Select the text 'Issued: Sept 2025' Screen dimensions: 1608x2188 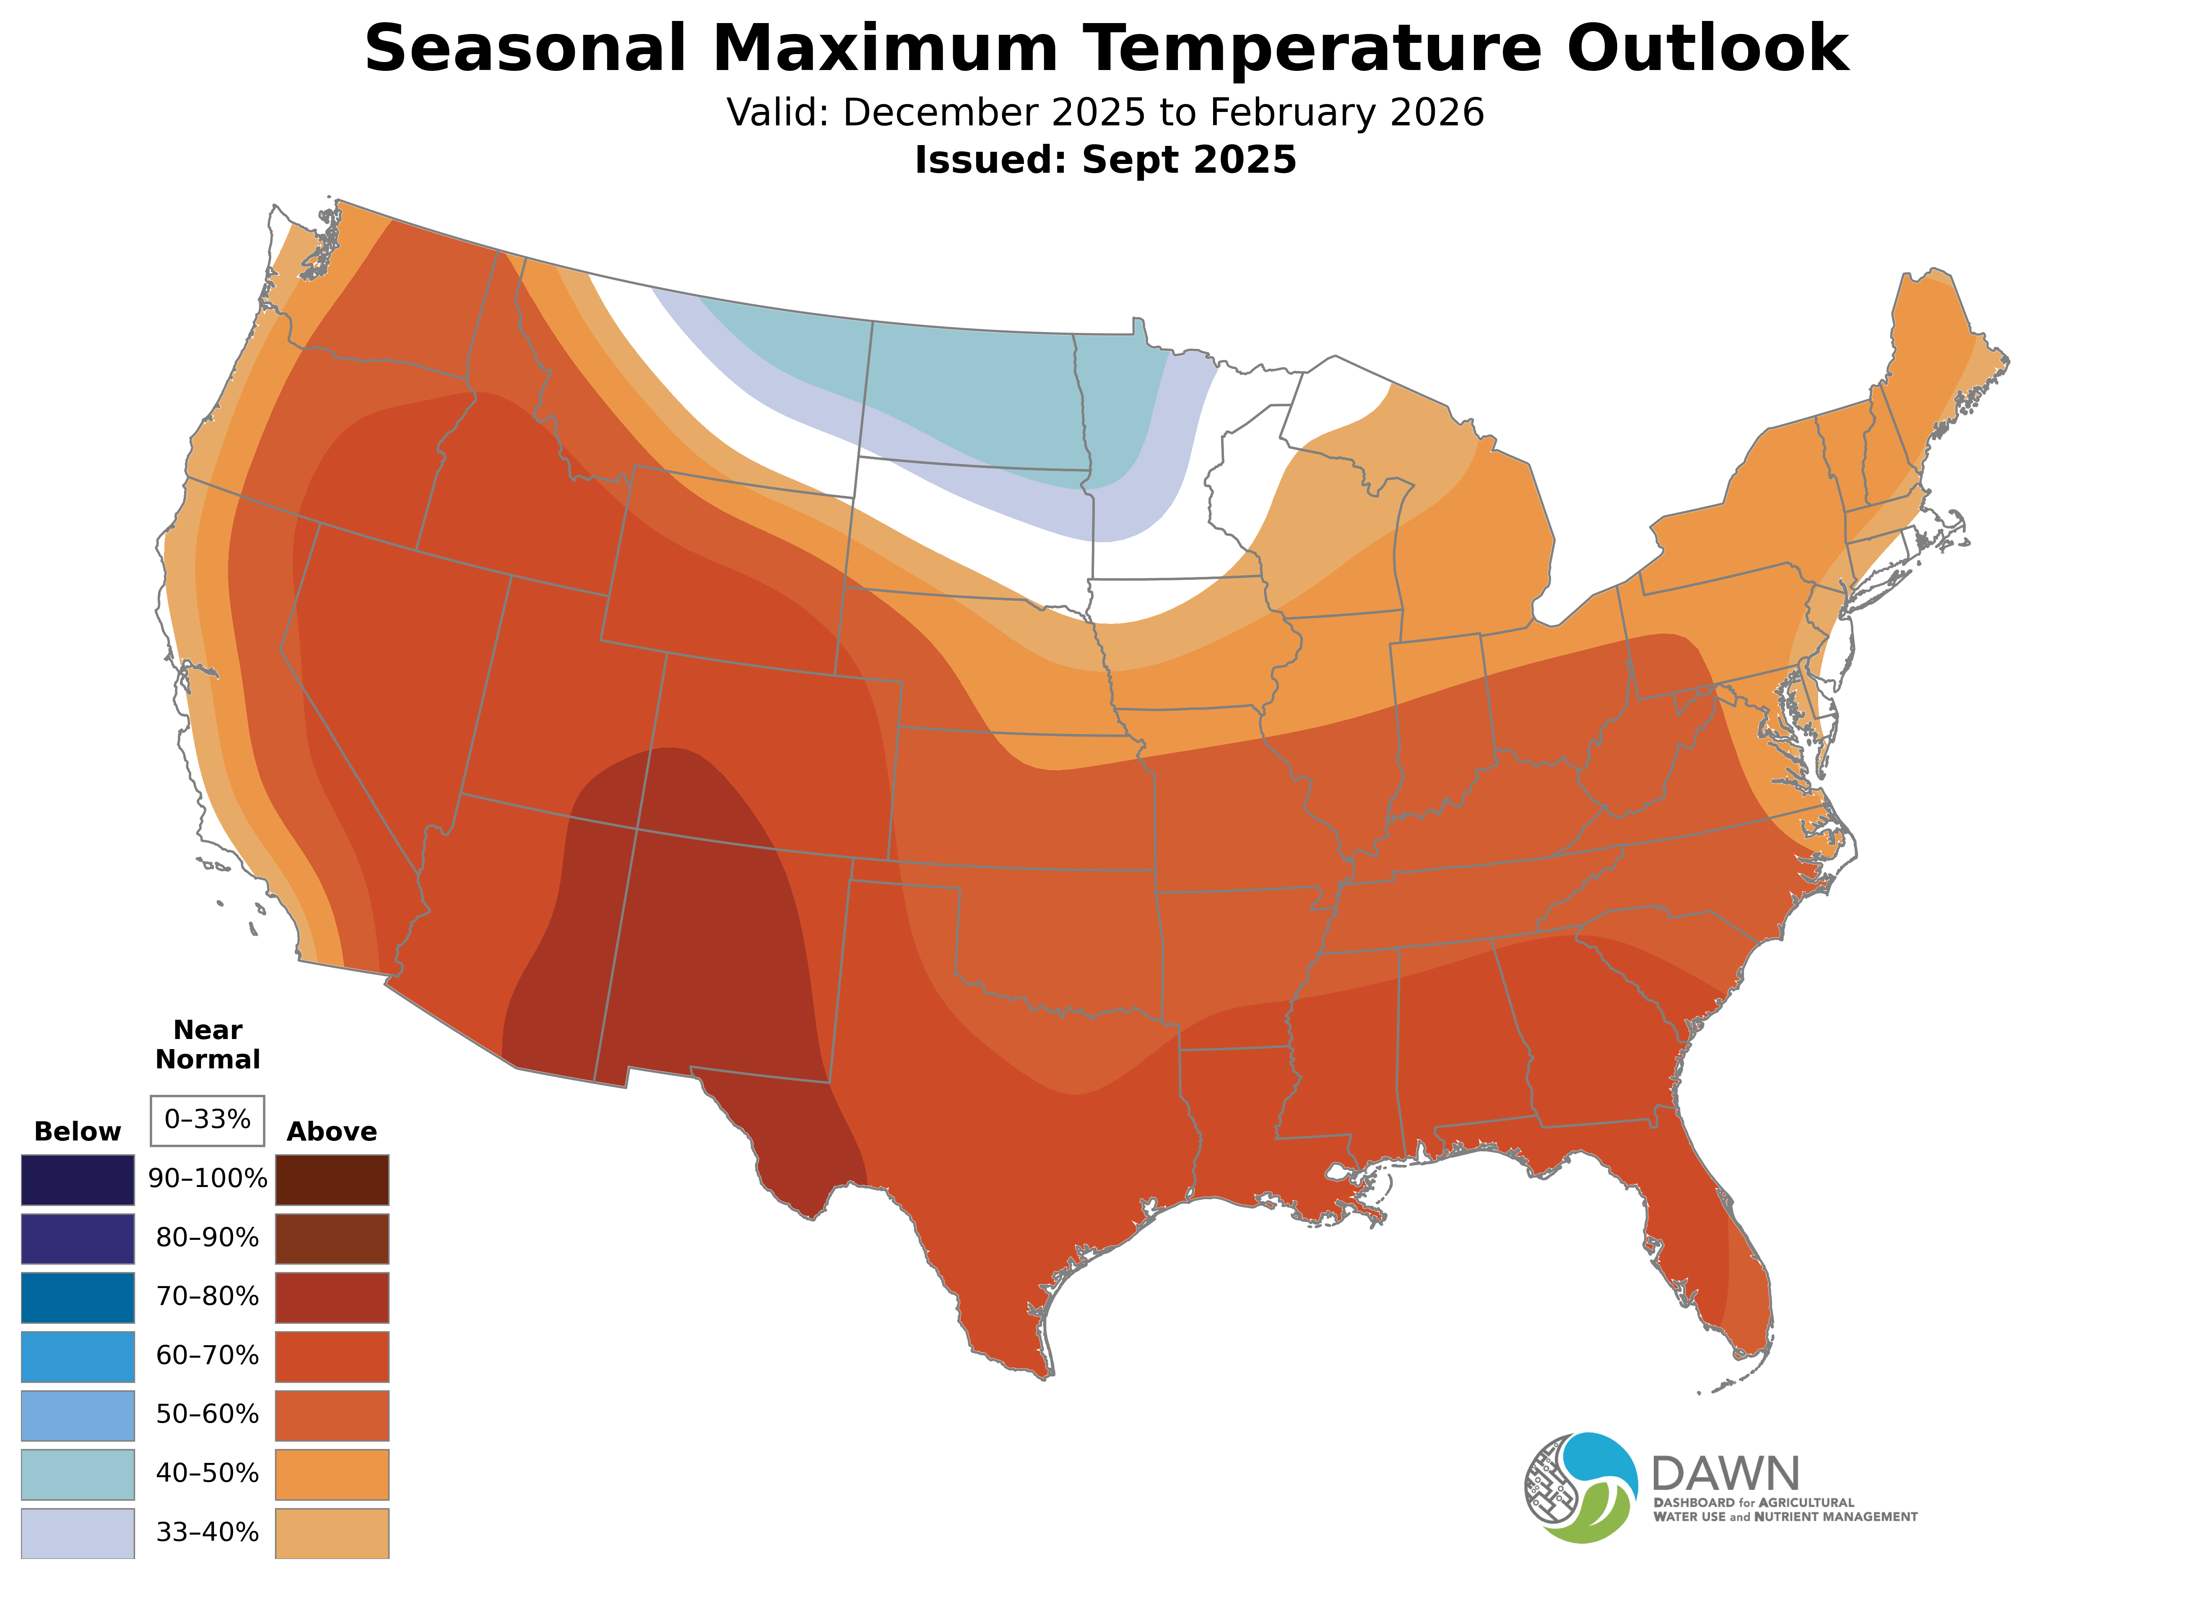[1105, 160]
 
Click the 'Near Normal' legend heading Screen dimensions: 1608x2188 [207, 1044]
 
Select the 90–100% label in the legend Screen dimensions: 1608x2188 [207, 1179]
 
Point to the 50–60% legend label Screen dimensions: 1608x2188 [207, 1414]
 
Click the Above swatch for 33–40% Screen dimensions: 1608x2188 [332, 1533]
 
